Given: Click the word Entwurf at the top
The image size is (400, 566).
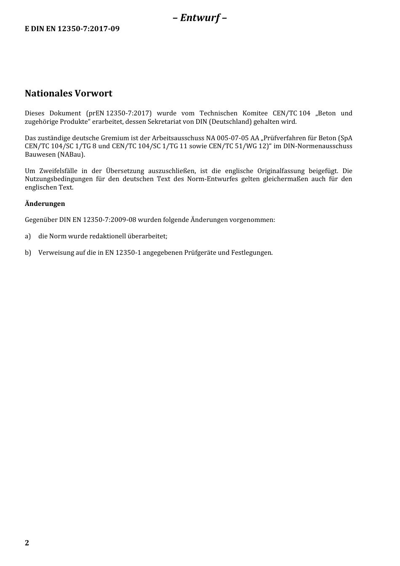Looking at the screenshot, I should (x=200, y=18).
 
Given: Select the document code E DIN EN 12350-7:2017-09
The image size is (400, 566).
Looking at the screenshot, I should (x=72, y=29).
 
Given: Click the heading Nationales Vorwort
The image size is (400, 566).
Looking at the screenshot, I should (x=69, y=93).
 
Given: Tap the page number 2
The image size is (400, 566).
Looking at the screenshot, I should (x=27, y=542).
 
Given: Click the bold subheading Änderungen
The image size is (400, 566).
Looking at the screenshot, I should (x=45, y=204).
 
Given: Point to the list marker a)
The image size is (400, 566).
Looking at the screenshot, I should (x=28, y=236).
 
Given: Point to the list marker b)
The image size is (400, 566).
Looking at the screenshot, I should (x=28, y=253).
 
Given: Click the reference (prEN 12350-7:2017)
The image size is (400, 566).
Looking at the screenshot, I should (x=119, y=113).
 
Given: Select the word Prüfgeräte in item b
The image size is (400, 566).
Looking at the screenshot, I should (x=200, y=253).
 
